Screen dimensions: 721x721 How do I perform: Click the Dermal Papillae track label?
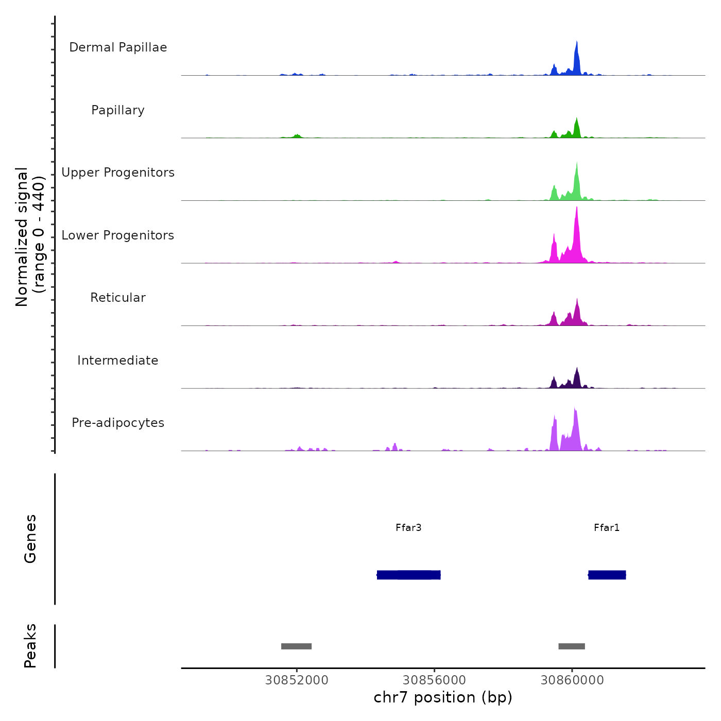(118, 47)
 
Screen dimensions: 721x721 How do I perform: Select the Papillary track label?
(118, 110)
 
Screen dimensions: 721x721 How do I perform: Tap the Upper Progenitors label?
(118, 173)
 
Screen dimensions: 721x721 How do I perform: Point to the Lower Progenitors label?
(118, 235)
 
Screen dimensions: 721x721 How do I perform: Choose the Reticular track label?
(118, 298)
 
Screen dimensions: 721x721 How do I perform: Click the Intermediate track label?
(118, 360)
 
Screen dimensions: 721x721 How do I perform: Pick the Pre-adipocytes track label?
(118, 423)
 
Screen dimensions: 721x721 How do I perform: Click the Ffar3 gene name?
(408, 527)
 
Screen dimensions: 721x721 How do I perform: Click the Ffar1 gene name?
(607, 527)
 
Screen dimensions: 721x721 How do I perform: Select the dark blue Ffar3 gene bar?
(409, 575)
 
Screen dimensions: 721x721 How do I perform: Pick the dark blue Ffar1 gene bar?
(607, 575)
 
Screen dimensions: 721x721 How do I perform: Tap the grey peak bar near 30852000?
(296, 646)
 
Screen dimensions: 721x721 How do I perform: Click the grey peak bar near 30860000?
(572, 646)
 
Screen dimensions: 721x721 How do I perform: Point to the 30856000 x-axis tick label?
(434, 680)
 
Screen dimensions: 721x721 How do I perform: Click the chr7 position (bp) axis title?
(443, 697)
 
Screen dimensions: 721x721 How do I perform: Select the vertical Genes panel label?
(30, 539)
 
